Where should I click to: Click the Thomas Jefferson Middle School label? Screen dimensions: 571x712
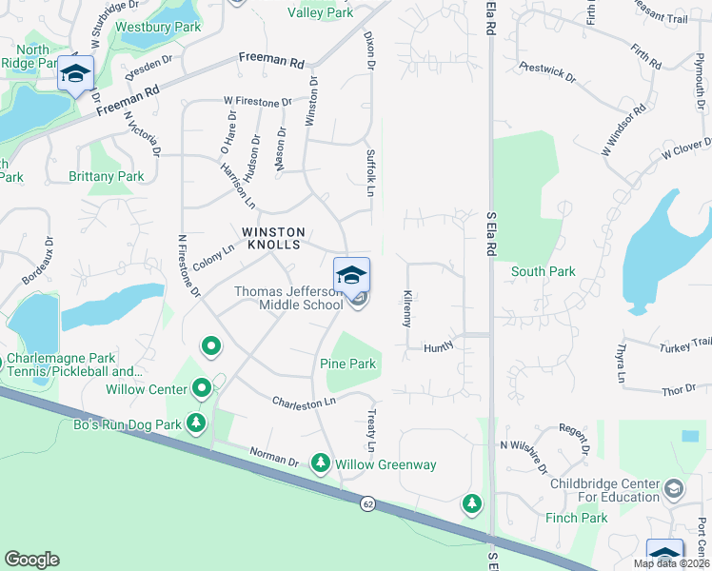coord(288,298)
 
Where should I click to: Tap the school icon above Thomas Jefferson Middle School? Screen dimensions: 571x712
coord(351,275)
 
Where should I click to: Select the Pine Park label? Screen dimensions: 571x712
coord(349,364)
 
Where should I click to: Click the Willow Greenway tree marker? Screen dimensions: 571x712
coord(321,463)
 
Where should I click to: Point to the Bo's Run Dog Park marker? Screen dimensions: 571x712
coord(196,422)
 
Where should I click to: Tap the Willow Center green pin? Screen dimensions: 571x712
coord(202,387)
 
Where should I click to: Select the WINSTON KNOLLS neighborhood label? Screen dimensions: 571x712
coord(273,238)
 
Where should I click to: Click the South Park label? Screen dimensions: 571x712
coord(543,271)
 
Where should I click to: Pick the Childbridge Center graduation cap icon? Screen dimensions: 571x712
coord(673,489)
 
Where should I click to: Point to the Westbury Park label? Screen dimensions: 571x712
coord(158,28)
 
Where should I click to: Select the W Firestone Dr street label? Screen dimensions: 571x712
coord(257,101)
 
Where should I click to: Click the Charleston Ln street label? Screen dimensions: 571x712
coord(305,403)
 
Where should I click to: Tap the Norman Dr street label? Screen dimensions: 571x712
coord(273,457)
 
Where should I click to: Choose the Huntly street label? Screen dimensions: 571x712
coord(439,349)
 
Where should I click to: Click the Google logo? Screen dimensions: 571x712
coord(31,560)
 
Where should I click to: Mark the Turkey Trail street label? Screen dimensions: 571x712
coord(684,343)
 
